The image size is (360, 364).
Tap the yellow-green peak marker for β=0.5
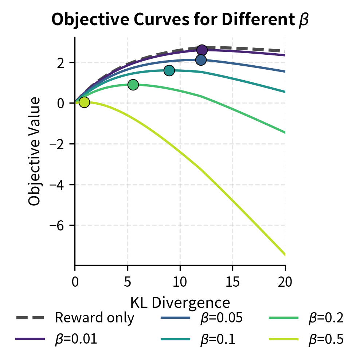click(84, 102)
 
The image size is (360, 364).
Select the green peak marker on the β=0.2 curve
click(133, 85)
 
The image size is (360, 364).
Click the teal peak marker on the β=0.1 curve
click(169, 70)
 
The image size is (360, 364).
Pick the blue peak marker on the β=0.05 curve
click(201, 60)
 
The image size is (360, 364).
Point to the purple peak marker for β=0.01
click(202, 50)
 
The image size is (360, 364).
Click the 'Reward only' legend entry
click(94, 318)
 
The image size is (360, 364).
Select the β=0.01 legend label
click(76, 339)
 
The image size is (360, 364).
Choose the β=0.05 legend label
click(221, 318)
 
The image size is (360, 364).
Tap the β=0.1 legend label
click(218, 339)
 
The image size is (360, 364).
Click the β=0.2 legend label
click(326, 318)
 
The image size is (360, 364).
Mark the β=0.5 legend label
click(326, 339)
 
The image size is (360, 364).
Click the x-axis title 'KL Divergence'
click(180, 302)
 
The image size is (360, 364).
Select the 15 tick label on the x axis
click(232, 282)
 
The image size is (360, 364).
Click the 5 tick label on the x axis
click(128, 282)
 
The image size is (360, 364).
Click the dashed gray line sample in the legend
click(30, 318)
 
